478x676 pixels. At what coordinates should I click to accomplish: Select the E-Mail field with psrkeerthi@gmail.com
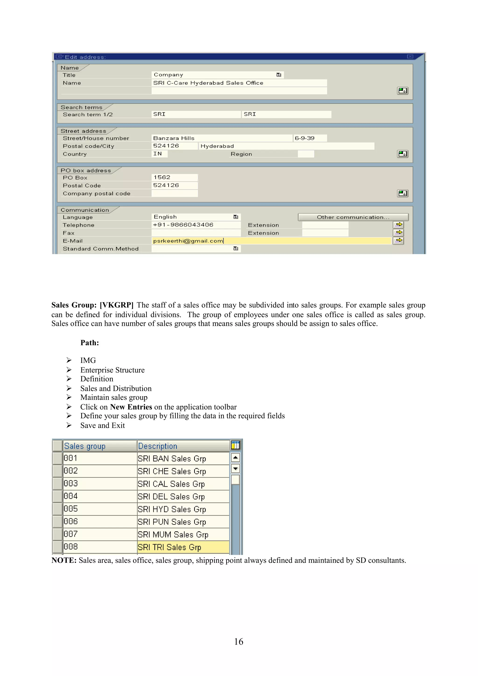271,241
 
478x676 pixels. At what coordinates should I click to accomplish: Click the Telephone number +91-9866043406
196,225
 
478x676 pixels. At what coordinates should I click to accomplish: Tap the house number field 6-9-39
310,138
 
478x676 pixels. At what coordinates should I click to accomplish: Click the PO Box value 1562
174,177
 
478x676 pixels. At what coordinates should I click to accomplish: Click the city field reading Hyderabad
286,146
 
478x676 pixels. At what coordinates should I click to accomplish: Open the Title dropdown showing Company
278,75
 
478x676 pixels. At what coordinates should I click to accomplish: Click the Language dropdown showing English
235,217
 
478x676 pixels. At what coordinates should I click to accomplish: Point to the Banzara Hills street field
221,138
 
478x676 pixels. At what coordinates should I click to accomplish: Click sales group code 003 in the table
71,484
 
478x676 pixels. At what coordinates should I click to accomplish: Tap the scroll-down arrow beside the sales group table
235,468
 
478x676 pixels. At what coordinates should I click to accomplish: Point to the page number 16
239,641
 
